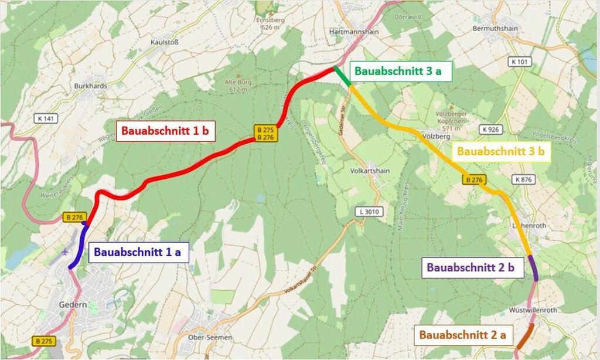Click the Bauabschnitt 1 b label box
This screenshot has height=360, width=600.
[165, 131]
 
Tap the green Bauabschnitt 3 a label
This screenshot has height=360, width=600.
[396, 72]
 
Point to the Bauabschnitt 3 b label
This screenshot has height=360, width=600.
[501, 151]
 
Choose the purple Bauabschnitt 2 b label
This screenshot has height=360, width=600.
[471, 267]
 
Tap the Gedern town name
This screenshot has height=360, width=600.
[73, 305]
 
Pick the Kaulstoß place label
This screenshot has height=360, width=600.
[164, 43]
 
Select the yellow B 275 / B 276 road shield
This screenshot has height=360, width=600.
[265, 133]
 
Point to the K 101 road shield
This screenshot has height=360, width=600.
[520, 61]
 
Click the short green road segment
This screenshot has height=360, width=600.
[342, 76]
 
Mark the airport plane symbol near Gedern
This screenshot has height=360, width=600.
[63, 252]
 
